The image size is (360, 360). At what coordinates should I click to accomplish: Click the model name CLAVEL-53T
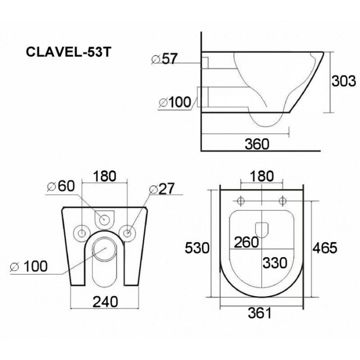68,52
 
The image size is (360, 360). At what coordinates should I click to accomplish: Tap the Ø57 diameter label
165,59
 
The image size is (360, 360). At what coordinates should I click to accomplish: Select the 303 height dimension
344,81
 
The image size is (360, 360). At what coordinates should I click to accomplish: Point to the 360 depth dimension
257,144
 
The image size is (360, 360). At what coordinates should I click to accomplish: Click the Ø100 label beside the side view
175,102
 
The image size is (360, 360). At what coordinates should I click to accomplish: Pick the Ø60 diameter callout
61,186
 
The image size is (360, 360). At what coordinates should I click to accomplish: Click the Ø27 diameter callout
161,189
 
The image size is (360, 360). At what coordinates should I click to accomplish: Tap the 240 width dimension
105,301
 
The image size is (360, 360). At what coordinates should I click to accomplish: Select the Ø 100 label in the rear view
29,266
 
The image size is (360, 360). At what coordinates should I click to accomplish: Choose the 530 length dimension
197,248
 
